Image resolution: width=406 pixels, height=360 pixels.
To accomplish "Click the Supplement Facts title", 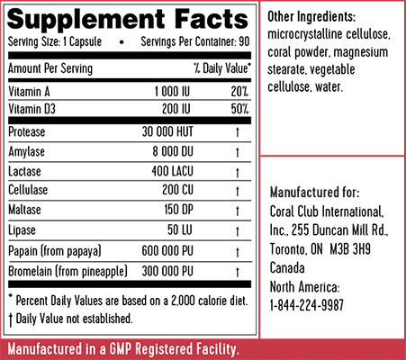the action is coord(128,19).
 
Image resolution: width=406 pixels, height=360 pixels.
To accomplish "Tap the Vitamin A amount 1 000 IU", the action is coord(172,92).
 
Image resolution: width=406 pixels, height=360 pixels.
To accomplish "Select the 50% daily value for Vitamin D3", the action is coord(239,109).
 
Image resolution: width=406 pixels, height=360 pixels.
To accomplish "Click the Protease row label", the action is coord(27,132).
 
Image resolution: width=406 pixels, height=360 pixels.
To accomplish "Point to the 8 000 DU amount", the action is coord(173,151).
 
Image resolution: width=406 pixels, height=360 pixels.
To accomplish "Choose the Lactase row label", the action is coord(24,171).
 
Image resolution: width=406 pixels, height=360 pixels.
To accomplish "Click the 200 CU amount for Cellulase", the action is coord(177,190).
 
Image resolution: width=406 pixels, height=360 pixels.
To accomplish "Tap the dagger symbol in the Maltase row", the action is coord(238,211).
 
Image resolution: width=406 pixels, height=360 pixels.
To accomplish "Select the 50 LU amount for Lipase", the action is coord(180,230).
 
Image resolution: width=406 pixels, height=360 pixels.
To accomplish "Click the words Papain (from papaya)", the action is coord(55,251).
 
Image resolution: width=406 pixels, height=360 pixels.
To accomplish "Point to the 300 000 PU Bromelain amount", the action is coord(167,271).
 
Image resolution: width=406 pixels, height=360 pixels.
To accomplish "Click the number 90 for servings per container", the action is coord(244,41).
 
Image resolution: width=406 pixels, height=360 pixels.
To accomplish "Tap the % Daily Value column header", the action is coord(222,68).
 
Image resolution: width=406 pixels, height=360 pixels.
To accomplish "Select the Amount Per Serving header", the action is coord(50,68).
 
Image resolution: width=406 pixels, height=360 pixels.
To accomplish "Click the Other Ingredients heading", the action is coord(311,16).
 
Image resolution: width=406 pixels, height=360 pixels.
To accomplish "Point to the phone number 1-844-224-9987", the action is coord(307,305).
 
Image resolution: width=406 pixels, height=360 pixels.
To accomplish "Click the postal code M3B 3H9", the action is coord(350,249).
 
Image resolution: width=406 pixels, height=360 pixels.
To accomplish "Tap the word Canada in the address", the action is coord(287,267).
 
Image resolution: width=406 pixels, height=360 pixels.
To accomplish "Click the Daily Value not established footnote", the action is coord(71,319).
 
